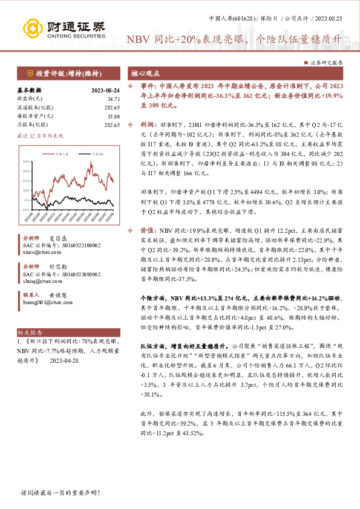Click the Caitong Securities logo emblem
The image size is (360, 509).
(31, 28)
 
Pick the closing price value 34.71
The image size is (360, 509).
(113, 98)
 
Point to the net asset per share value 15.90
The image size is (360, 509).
(113, 115)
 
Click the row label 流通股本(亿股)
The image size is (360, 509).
(33, 106)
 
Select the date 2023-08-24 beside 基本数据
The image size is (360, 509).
(105, 89)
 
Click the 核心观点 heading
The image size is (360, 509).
(145, 73)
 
